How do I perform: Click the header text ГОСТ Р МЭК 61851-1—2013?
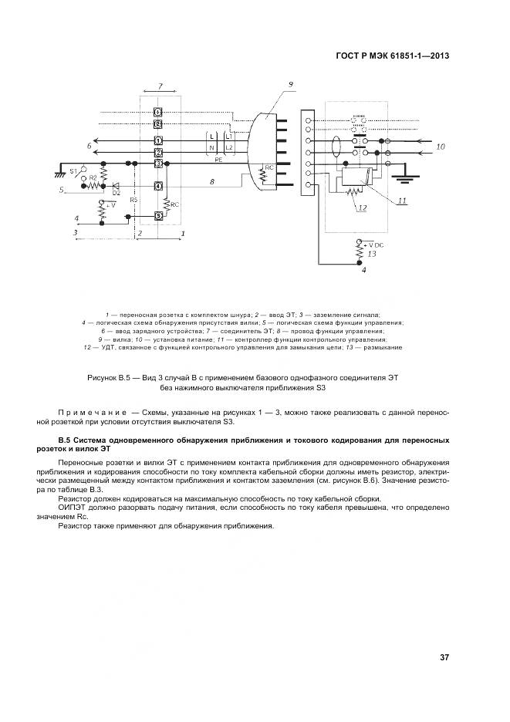tap(393, 56)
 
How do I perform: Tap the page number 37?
tap(444, 657)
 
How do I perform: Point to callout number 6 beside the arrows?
tap(90, 144)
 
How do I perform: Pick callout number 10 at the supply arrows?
tap(441, 146)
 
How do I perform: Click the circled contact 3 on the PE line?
tap(157, 164)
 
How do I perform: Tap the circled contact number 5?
tap(157, 215)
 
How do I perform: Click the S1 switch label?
tap(74, 169)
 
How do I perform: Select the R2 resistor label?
tap(93, 178)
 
